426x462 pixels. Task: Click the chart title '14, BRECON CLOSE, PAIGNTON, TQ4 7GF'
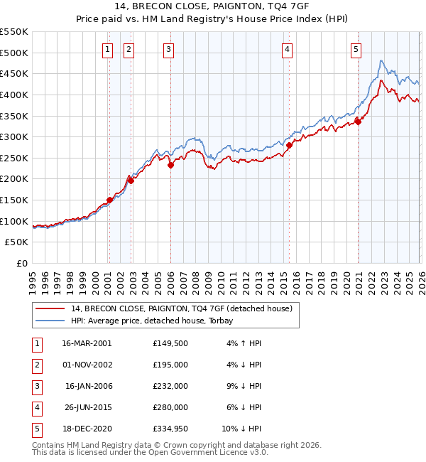(212, 8)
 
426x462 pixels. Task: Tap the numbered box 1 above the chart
(107, 49)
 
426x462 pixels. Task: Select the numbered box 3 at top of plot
(169, 49)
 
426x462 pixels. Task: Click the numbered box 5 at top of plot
(356, 49)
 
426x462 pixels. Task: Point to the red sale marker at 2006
(170, 166)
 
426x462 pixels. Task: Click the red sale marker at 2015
(289, 145)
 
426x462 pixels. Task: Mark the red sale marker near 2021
(358, 122)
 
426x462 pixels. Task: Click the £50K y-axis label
(17, 242)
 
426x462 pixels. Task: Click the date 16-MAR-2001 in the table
(87, 343)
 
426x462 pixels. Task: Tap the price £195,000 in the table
(170, 365)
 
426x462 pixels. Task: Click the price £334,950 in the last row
(170, 429)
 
